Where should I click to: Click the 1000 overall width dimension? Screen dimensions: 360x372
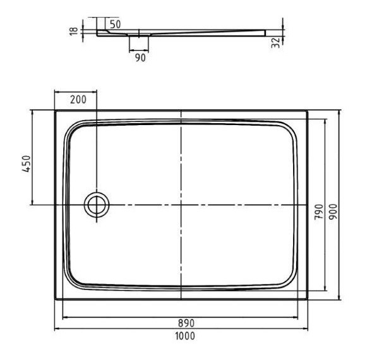tap(185, 336)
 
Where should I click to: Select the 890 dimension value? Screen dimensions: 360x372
tap(186, 323)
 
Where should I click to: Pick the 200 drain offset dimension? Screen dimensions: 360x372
tap(77, 99)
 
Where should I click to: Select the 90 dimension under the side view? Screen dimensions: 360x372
tap(140, 57)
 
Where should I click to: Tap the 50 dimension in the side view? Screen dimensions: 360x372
tap(116, 24)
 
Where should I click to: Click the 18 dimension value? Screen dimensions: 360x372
tap(74, 30)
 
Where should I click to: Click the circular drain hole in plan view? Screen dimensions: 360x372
tap(97, 205)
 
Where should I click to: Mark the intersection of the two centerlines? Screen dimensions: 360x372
tap(182, 205)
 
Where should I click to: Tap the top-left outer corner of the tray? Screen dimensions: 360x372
tap(55, 111)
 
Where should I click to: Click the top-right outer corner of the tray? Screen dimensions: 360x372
tap(308, 111)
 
